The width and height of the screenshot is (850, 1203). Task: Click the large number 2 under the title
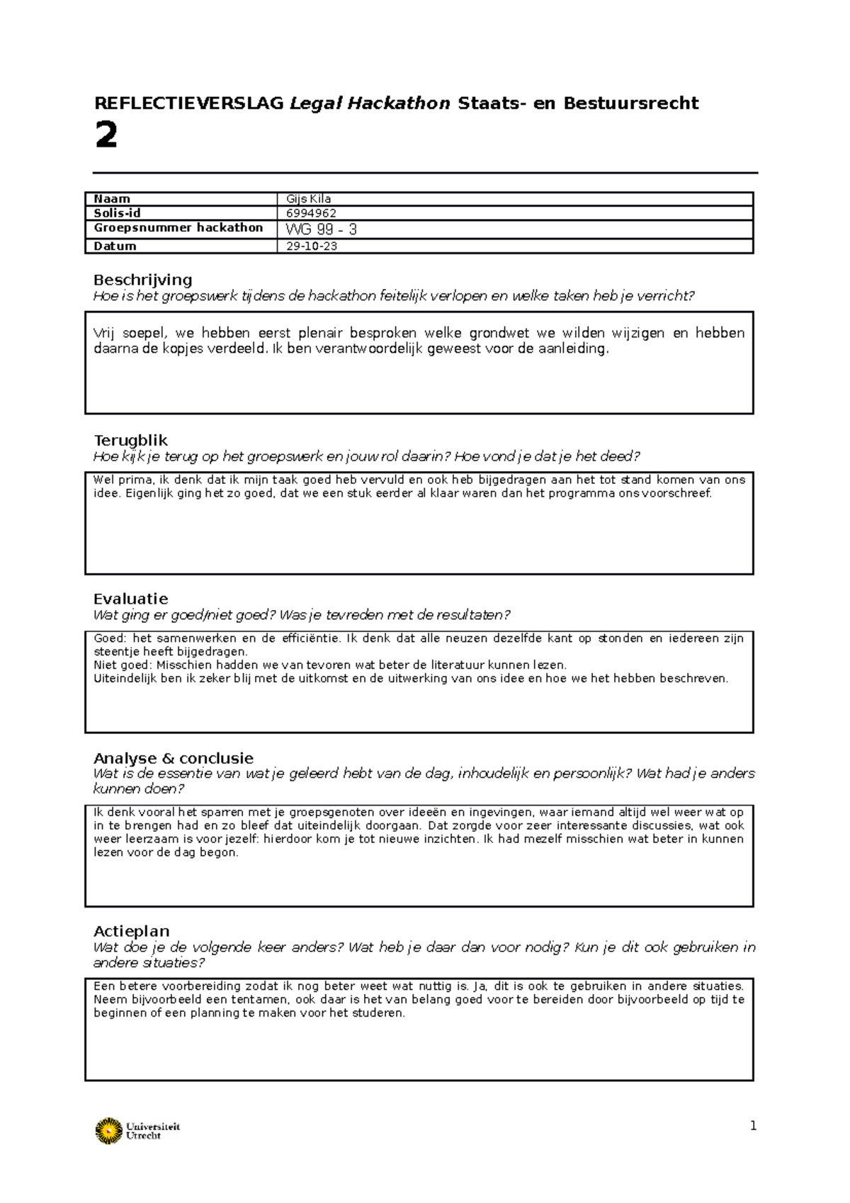click(106, 135)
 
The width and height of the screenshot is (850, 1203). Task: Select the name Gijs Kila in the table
click(308, 199)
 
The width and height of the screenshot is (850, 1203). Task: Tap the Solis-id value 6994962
click(311, 213)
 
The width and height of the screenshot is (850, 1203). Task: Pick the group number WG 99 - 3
click(321, 230)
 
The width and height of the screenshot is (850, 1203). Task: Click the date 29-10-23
click(312, 247)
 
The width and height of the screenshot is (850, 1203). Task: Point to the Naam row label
click(112, 199)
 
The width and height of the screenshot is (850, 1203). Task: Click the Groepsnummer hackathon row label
click(178, 228)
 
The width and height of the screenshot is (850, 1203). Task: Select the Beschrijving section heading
click(142, 280)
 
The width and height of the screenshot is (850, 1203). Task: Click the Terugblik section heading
click(130, 441)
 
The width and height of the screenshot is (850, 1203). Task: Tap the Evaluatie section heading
click(130, 599)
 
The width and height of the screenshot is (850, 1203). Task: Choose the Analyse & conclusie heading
click(173, 758)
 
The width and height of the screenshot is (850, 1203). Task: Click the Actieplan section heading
click(131, 932)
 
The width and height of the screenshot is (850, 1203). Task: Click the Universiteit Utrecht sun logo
click(108, 1131)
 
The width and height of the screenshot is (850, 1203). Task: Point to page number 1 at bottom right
click(753, 1126)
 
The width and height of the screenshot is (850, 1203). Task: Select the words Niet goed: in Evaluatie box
click(123, 665)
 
